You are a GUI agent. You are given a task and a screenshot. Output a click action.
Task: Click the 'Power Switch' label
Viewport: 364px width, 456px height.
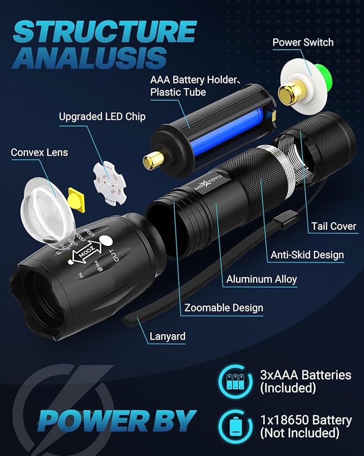tap(303, 42)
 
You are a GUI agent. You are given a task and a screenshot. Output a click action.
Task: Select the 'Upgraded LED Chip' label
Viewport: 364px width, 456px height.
tap(102, 116)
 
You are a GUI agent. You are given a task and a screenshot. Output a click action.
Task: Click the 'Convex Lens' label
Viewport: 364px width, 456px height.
tap(39, 153)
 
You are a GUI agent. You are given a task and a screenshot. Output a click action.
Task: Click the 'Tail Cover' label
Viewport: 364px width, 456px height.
tap(333, 226)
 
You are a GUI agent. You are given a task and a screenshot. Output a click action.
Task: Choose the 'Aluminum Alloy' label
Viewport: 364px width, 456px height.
tap(262, 279)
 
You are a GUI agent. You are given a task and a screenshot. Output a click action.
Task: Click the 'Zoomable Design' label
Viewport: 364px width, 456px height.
tap(224, 308)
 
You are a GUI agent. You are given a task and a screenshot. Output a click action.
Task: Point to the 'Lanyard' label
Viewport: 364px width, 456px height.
tap(167, 337)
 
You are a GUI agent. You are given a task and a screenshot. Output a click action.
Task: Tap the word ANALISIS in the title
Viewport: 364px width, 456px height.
tap(88, 57)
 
